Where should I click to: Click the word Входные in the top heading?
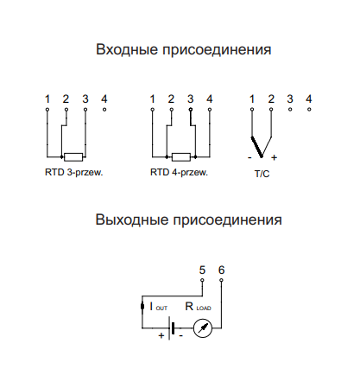[127, 49]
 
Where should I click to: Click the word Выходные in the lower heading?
[132, 219]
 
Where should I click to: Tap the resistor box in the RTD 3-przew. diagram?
[73, 157]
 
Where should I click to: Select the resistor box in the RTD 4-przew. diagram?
[181, 157]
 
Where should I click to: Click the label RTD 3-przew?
[74, 173]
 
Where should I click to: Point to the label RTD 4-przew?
[179, 173]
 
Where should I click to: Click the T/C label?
[262, 174]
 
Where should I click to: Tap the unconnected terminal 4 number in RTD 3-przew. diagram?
[104, 99]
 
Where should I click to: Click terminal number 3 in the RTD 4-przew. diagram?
[190, 99]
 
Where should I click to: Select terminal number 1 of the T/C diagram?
[252, 99]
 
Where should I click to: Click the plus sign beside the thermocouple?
[274, 157]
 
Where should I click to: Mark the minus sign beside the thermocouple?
[249, 157]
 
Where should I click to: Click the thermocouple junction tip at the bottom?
[262, 156]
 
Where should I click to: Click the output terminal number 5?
[202, 270]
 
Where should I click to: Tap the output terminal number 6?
[221, 270]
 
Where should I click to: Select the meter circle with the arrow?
[203, 328]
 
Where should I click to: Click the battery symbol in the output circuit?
[171, 328]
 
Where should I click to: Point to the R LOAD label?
[198, 307]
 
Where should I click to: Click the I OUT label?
[159, 307]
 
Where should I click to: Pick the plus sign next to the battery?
[161, 335]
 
